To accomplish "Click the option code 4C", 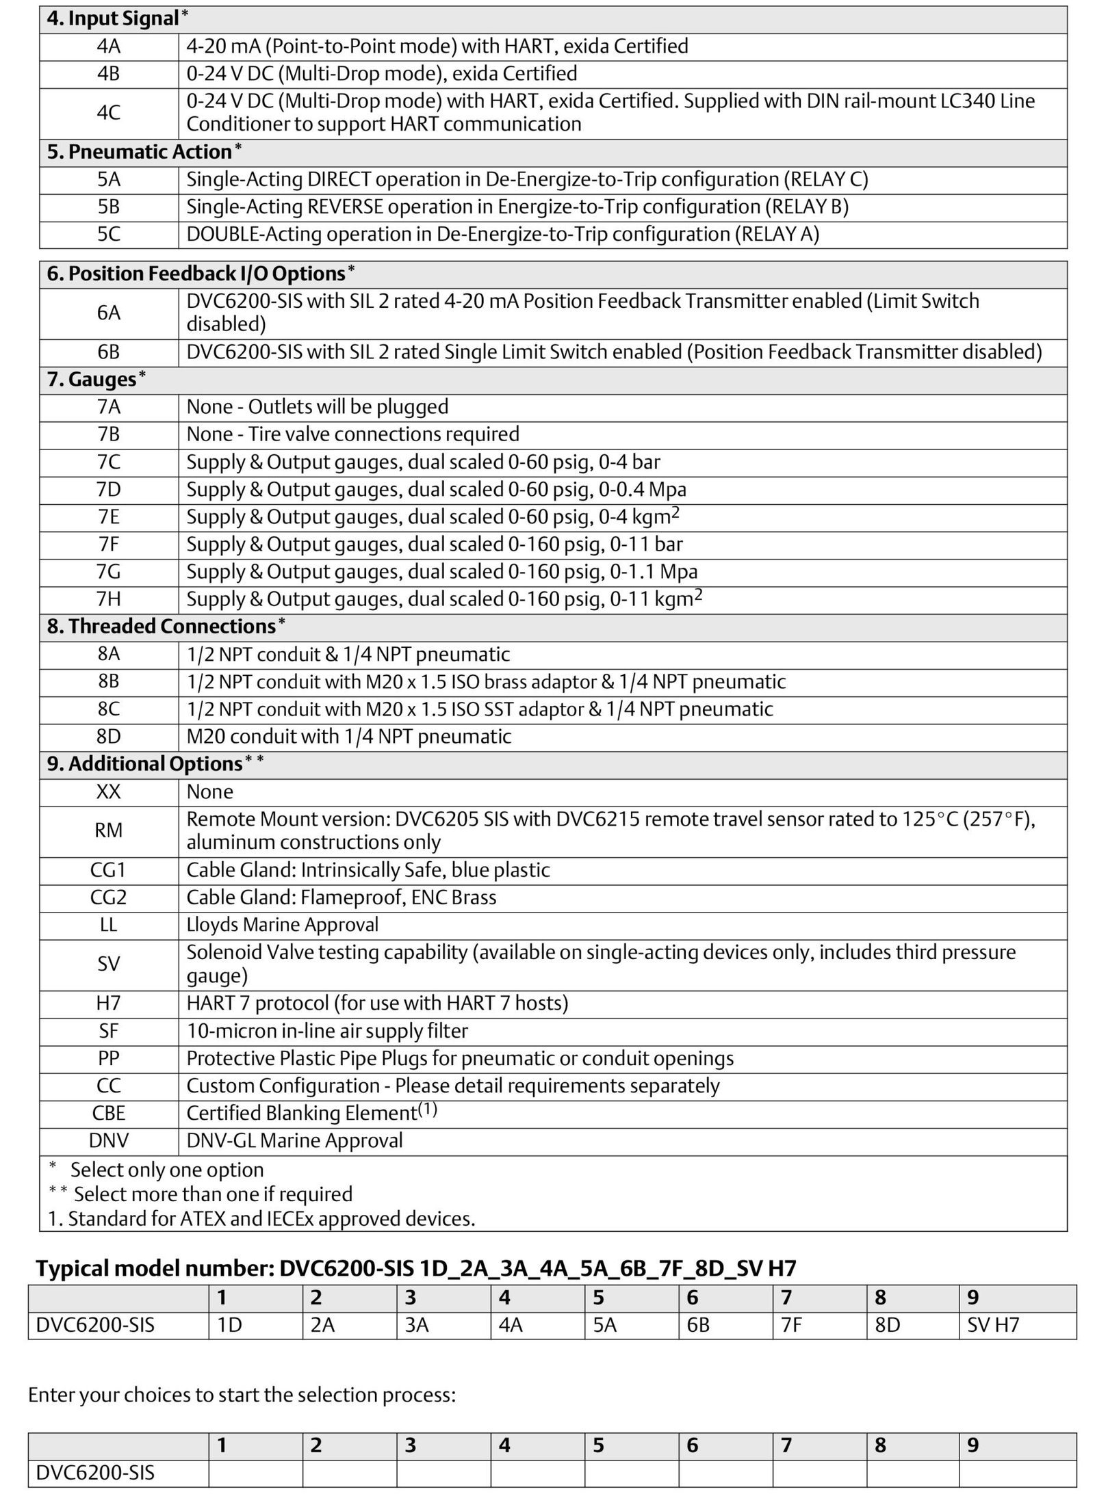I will [108, 113].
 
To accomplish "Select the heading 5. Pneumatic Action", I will [139, 152].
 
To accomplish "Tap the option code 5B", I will [108, 207].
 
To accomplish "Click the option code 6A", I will [108, 313].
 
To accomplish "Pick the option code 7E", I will [108, 517].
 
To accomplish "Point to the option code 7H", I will [108, 599].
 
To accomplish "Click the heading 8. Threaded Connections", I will [161, 627].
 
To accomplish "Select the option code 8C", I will [108, 709].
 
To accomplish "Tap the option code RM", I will [108, 830].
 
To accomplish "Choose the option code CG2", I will [108, 897].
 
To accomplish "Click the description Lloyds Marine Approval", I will [282, 925].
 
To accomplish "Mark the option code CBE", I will [108, 1114].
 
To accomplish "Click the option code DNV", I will [108, 1141].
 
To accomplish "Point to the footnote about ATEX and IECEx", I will [261, 1218].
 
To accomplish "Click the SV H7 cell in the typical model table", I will [992, 1325].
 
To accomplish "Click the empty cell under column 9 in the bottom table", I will [1016, 1473].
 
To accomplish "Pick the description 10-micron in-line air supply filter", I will [327, 1031].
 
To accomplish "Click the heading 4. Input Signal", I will [113, 18].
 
